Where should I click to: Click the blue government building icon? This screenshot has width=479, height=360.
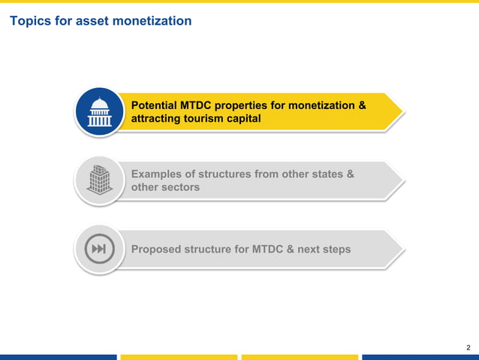click(x=99, y=112)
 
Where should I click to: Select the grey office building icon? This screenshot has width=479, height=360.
click(x=99, y=180)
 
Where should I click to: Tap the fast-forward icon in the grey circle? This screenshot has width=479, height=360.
click(x=99, y=249)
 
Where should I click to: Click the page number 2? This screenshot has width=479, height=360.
click(x=468, y=347)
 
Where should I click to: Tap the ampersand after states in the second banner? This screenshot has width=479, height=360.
click(x=350, y=174)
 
